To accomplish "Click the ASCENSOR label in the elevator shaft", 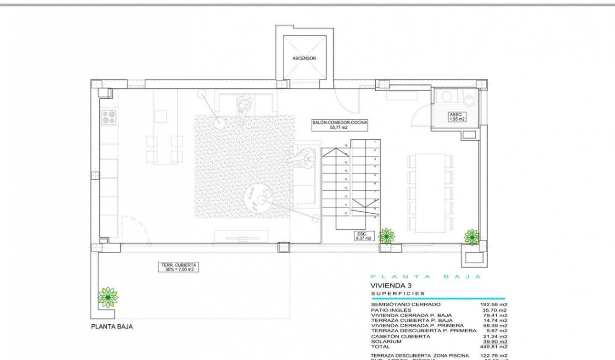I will tap(304, 58).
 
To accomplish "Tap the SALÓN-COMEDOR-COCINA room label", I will tap(340, 125).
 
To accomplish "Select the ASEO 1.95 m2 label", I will tap(456, 117).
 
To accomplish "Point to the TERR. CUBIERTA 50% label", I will tap(179, 267).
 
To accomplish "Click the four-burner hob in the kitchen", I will tap(109, 117).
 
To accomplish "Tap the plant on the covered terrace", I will tap(108, 298).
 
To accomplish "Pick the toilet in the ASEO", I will tap(469, 100).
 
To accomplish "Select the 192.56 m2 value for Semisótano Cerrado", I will tap(494, 304).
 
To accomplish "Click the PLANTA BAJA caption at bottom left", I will tap(112, 327).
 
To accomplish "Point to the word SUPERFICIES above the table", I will tap(398, 294).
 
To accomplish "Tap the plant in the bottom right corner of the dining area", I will tap(472, 237).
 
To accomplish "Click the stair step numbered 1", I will tap(375, 142).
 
